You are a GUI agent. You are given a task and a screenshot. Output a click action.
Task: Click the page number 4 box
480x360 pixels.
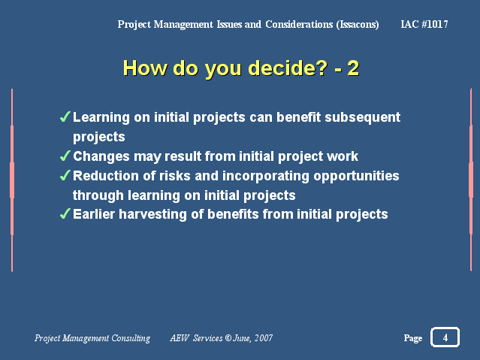445,337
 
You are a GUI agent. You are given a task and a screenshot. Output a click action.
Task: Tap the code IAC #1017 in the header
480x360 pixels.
424,24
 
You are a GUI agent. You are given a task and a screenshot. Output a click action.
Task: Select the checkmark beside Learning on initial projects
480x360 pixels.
65,116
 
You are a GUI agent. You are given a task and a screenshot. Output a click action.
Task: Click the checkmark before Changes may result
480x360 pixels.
65,156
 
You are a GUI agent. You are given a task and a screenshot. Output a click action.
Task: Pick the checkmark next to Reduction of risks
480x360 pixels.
65,175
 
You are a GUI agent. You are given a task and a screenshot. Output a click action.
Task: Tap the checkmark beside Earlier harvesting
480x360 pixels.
65,213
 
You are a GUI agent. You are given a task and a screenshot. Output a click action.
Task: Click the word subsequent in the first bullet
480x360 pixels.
363,118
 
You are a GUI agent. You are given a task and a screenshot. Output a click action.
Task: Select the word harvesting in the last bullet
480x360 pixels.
152,215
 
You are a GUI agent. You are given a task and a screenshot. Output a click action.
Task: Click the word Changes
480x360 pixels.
101,156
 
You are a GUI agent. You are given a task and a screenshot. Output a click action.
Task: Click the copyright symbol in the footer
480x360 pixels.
228,337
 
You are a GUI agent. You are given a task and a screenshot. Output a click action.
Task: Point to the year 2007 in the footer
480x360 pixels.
264,338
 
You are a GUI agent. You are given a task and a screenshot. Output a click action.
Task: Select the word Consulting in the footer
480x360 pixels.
131,338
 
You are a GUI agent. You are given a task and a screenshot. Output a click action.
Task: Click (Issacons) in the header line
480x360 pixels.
358,25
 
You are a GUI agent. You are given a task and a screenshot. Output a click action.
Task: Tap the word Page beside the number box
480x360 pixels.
413,338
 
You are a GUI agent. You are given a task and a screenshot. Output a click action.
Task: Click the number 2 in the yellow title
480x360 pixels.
353,68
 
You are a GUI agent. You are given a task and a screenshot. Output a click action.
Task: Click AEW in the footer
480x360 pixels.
180,338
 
